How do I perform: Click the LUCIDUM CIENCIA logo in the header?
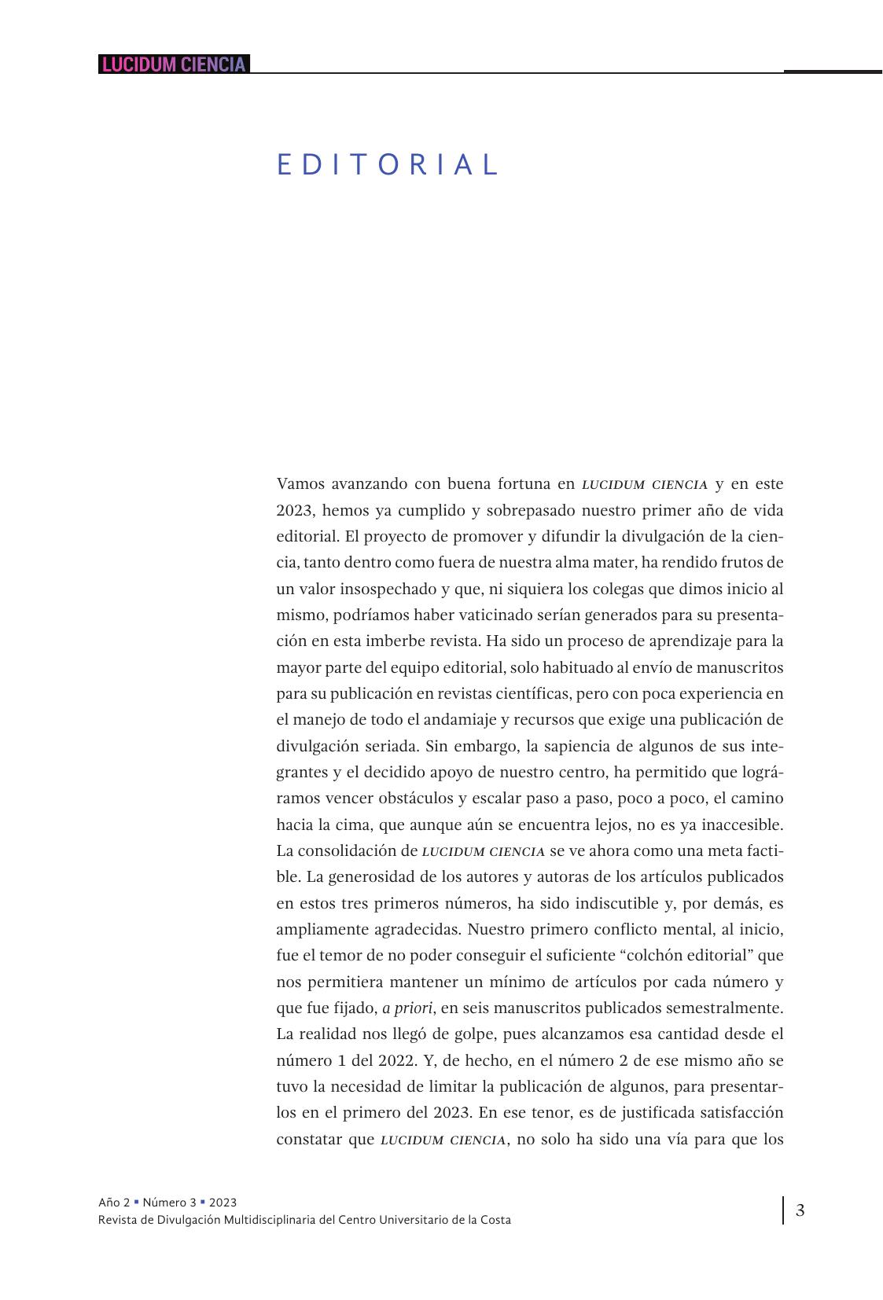(x=174, y=64)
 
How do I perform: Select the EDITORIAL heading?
(x=388, y=165)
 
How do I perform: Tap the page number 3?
(x=800, y=1210)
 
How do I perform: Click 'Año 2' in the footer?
(x=114, y=1202)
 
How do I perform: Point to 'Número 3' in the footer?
(x=169, y=1202)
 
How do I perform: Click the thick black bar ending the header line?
(x=833, y=72)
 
